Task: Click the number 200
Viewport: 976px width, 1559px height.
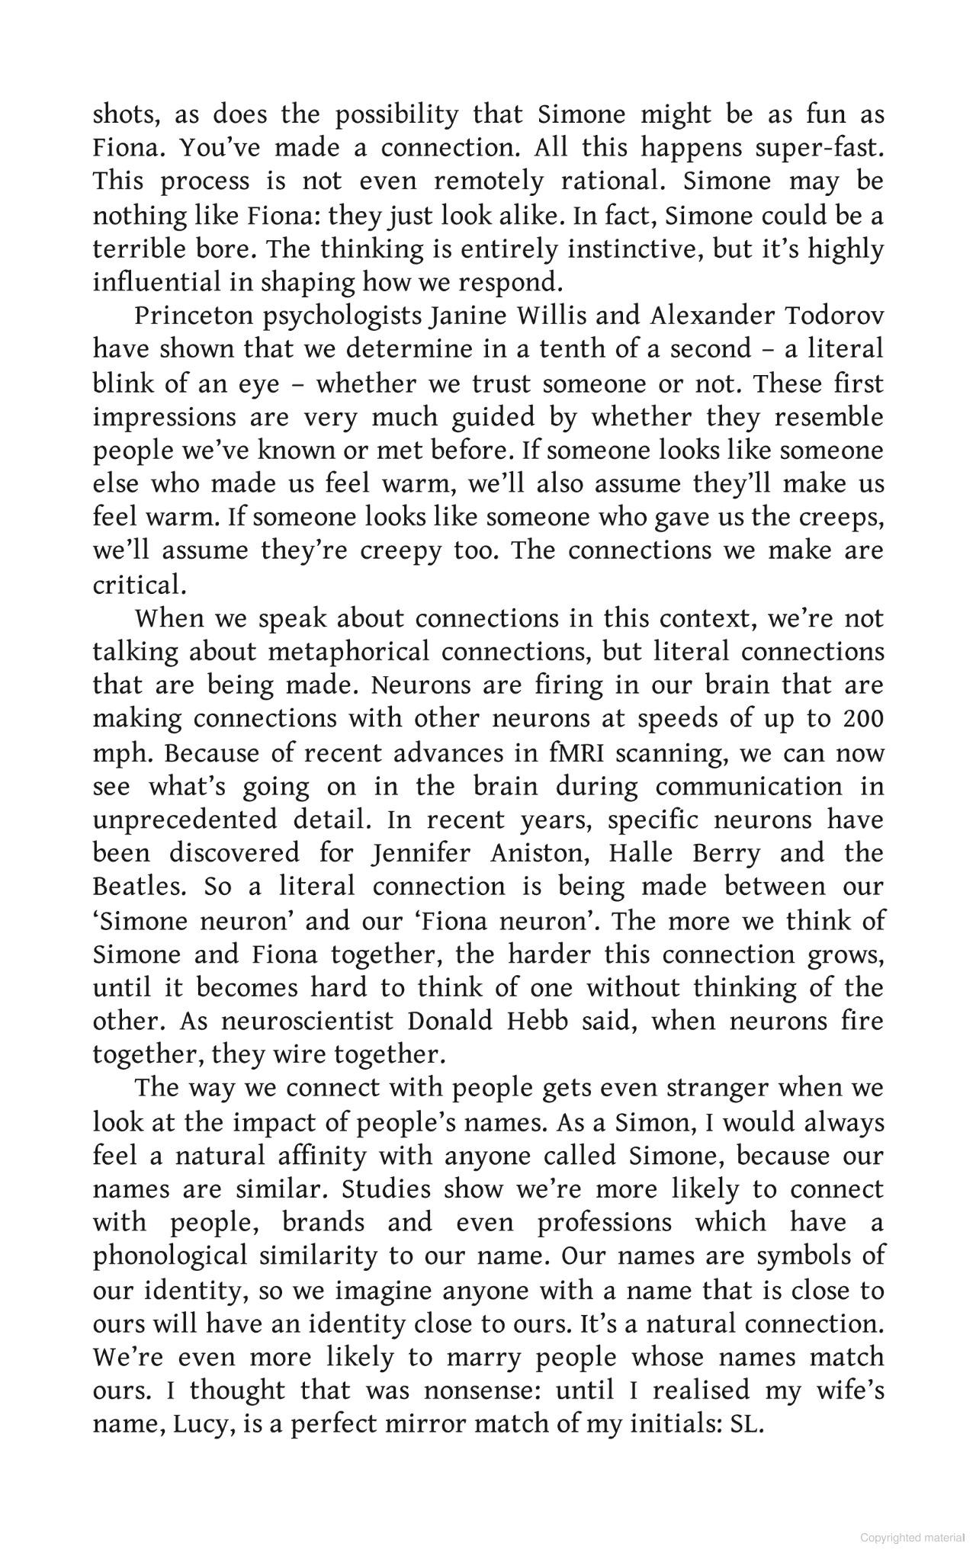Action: tap(863, 719)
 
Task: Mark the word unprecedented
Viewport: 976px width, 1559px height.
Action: tap(185, 820)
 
